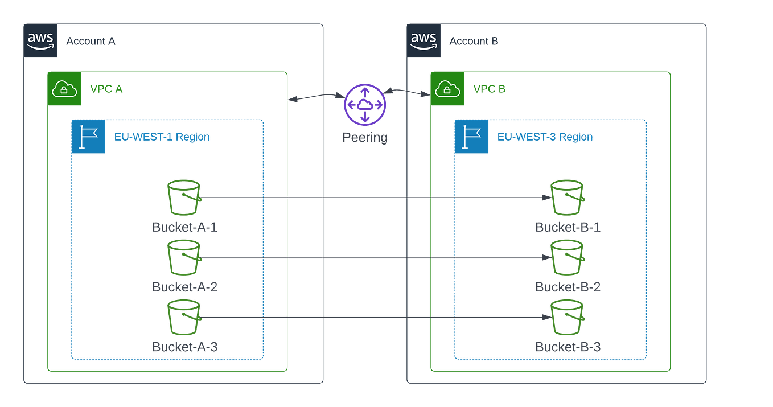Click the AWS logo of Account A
tap(41, 41)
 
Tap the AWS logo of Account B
tap(424, 41)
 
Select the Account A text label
tap(91, 42)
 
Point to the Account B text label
tap(474, 42)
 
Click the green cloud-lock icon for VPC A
tap(64, 89)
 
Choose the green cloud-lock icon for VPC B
tap(447, 89)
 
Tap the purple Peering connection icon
tap(365, 102)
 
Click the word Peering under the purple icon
tap(365, 137)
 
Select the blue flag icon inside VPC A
tap(88, 137)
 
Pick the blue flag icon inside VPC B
tap(472, 137)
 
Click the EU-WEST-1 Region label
tap(162, 137)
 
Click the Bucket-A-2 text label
tap(184, 286)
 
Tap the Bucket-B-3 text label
tap(568, 347)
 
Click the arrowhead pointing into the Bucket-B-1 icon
tap(545, 198)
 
